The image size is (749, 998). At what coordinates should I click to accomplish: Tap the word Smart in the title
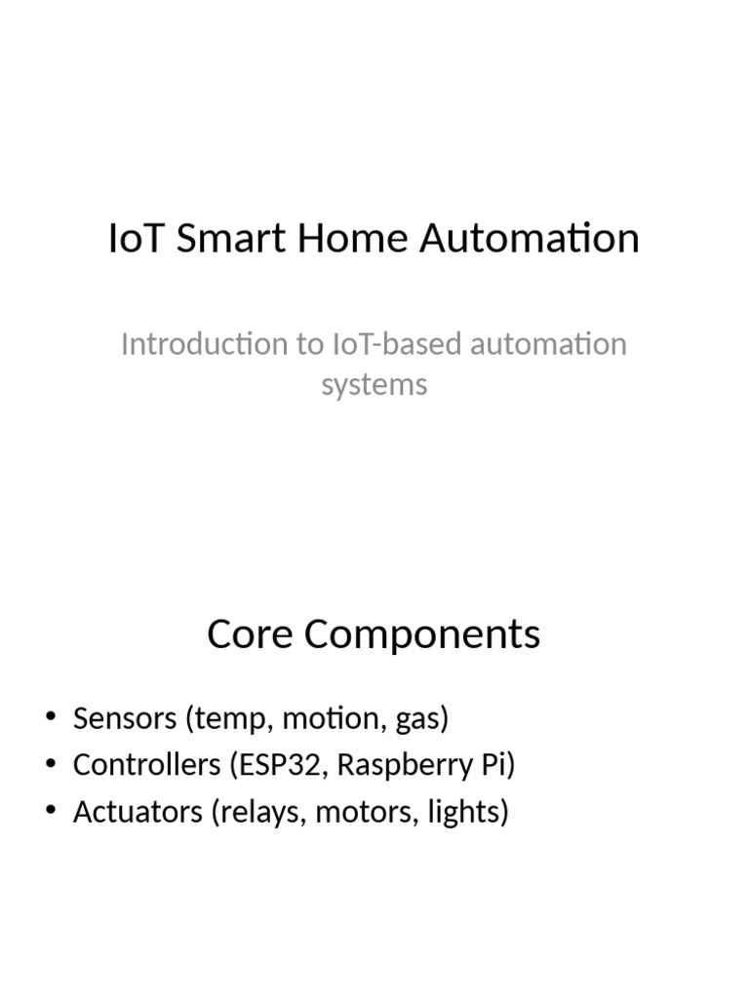click(220, 239)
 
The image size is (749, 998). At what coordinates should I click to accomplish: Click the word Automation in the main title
click(530, 239)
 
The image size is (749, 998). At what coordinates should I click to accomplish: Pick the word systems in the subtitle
click(374, 384)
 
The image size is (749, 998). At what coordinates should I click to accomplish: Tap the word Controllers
click(147, 765)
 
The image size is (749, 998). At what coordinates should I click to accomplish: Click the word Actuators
click(137, 812)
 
